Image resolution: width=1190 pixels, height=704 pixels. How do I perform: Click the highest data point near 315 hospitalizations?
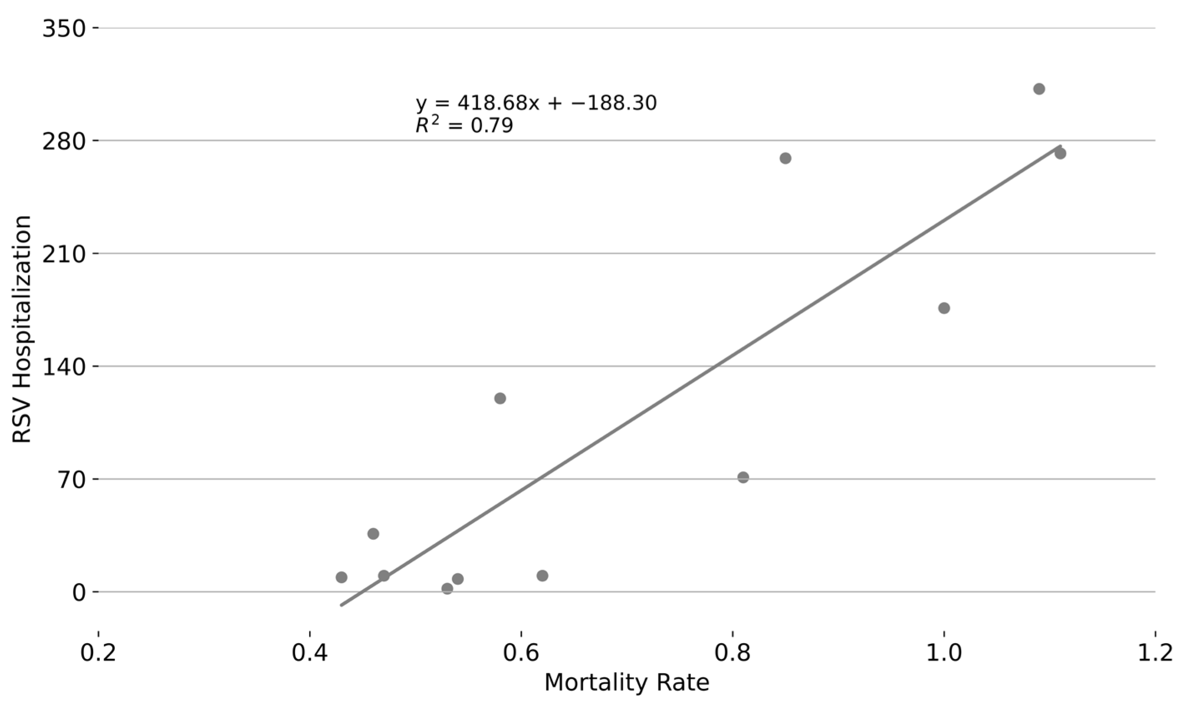click(1039, 89)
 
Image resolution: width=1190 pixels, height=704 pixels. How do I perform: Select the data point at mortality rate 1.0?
click(944, 308)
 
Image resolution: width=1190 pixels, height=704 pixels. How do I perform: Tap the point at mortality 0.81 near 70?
click(743, 477)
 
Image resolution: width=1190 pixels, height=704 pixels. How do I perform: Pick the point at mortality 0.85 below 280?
click(786, 158)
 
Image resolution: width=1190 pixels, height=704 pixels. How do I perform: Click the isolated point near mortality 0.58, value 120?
click(500, 398)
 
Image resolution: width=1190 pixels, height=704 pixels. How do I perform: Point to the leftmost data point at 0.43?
click(341, 577)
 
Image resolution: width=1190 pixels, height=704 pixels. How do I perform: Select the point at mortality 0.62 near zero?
click(543, 576)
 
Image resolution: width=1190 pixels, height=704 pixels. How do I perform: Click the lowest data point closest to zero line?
click(447, 589)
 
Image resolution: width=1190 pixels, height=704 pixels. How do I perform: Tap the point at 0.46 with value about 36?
click(373, 534)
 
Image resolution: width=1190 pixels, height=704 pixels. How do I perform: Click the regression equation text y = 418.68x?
click(536, 103)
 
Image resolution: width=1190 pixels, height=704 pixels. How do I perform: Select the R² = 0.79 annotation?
click(464, 126)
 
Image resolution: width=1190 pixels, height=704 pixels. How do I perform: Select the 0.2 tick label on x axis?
click(98, 653)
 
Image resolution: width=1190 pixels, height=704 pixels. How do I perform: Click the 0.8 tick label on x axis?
click(733, 653)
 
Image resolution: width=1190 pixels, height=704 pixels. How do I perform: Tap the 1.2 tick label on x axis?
click(1155, 653)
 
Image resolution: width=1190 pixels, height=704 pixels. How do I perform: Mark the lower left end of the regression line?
click(342, 605)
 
